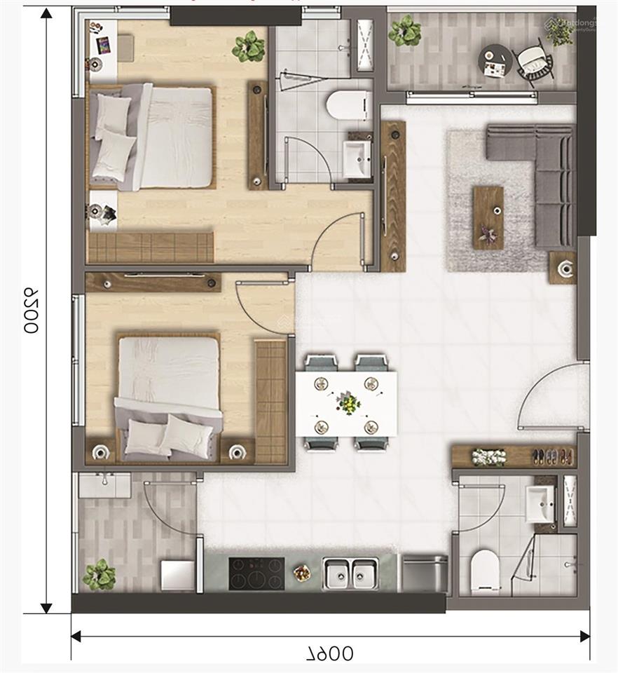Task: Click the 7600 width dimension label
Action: tap(330, 653)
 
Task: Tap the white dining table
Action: tap(346, 404)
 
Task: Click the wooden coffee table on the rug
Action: tap(488, 217)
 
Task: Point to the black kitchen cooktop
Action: tap(256, 573)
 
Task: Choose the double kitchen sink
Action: tap(350, 573)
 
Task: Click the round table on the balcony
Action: tap(496, 60)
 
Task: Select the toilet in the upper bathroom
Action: tap(347, 105)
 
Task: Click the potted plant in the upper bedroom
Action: tap(249, 46)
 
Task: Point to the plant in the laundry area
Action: tap(99, 574)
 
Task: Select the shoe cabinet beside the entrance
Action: tap(514, 456)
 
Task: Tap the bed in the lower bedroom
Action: tap(168, 396)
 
